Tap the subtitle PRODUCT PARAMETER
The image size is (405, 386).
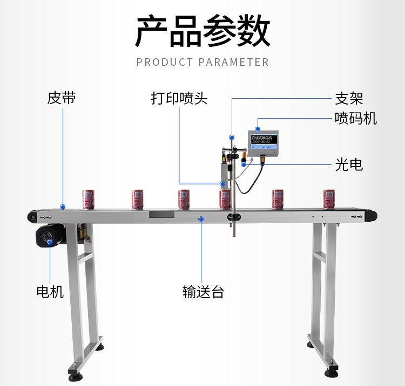(202, 62)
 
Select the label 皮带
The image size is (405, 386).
(62, 98)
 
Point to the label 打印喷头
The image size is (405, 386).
(179, 99)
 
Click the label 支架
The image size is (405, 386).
(349, 98)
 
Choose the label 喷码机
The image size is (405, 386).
(355, 118)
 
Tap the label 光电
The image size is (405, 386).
(349, 164)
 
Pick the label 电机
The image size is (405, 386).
(50, 292)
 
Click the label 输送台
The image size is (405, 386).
(202, 292)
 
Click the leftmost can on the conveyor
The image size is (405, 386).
(88, 198)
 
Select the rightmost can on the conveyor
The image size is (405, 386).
(329, 198)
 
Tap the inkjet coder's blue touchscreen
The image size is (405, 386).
(263, 141)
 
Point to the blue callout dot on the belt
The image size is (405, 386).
(63, 206)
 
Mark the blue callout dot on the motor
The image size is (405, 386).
(50, 242)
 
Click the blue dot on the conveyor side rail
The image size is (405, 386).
(201, 218)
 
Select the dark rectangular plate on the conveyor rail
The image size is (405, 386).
(161, 214)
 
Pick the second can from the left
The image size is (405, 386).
(138, 198)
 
